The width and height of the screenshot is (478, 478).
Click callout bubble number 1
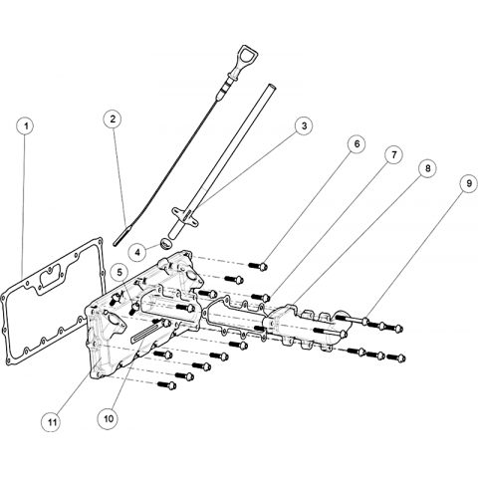[25, 126]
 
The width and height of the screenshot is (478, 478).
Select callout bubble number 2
[113, 119]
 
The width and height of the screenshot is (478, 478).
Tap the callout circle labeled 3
[304, 125]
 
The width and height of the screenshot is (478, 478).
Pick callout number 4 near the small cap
[137, 252]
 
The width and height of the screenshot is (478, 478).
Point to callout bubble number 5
[119, 272]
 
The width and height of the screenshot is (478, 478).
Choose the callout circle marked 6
[357, 144]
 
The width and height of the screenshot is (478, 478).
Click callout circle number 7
[393, 154]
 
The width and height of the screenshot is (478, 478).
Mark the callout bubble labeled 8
[427, 168]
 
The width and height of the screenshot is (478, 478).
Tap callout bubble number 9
[469, 183]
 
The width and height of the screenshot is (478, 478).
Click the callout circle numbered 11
[52, 422]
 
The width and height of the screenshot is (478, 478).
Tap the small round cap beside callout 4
[165, 243]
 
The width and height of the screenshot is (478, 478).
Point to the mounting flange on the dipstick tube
[184, 215]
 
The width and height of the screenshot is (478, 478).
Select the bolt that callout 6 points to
[258, 266]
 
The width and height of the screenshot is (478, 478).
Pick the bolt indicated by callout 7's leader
[261, 297]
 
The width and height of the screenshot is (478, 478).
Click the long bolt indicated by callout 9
[353, 320]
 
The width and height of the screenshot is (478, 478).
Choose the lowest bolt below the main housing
[167, 385]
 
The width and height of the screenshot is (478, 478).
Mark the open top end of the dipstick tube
[270, 87]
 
